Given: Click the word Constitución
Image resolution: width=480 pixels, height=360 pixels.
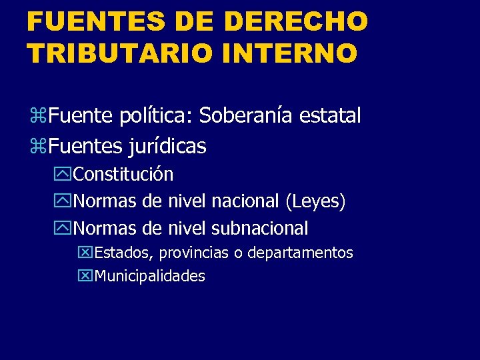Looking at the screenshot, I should (x=123, y=175).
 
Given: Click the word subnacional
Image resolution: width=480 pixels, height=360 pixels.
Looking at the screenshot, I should (x=259, y=229).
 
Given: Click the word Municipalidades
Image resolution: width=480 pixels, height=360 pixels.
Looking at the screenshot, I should (x=150, y=276).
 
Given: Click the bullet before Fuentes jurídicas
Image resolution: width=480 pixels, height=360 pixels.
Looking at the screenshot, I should (x=37, y=146).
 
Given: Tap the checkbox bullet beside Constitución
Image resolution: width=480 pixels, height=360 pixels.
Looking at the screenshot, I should (x=64, y=175).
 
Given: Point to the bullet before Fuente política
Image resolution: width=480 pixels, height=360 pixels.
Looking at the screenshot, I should (x=37, y=117).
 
